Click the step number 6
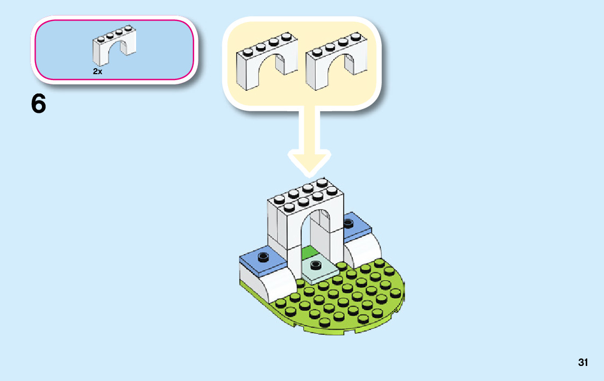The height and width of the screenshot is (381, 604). tap(39, 104)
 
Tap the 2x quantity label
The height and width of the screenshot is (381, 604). tap(97, 71)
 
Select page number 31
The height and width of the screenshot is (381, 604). tap(582, 362)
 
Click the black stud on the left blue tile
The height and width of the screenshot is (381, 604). tap(263, 256)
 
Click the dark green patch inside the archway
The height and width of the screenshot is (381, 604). tap(309, 253)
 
